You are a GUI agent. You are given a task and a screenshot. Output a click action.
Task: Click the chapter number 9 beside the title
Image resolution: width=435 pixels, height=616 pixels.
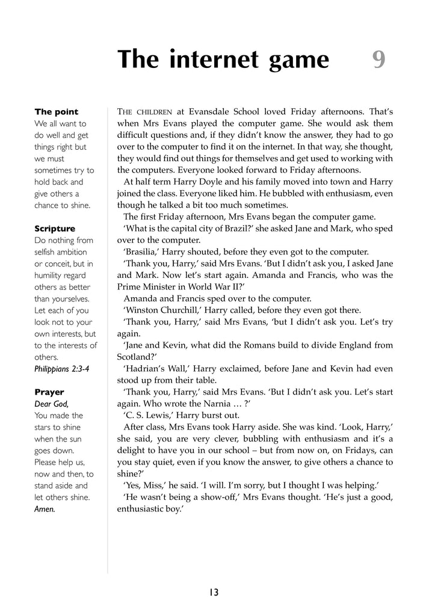point(378,60)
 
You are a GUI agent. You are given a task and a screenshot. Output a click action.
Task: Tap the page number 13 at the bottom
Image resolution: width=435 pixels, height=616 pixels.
point(214,593)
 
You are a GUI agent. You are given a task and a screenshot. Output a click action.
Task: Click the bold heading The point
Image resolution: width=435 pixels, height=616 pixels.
point(56,112)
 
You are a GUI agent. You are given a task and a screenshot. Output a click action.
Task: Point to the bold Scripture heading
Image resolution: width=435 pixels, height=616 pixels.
point(55,229)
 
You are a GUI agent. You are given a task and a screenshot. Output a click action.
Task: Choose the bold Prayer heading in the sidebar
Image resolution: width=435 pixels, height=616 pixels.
point(49,392)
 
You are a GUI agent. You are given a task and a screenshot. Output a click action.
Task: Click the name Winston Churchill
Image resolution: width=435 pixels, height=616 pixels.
point(161,310)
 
